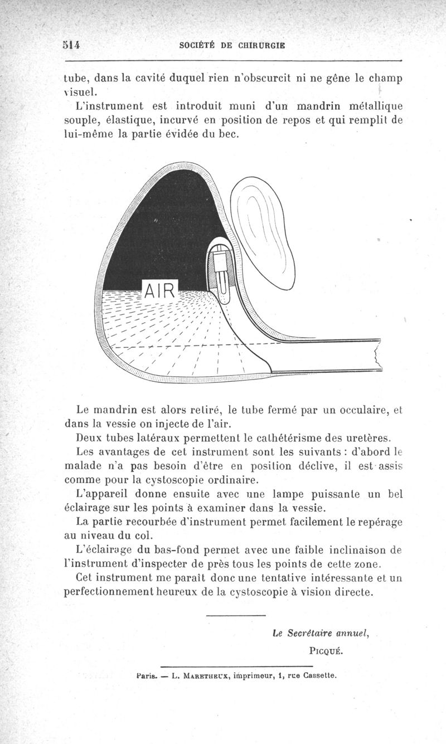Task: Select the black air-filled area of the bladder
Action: click(162, 228)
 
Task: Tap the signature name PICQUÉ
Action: click(326, 650)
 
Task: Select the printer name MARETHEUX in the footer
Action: click(217, 677)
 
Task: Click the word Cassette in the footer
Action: click(320, 676)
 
